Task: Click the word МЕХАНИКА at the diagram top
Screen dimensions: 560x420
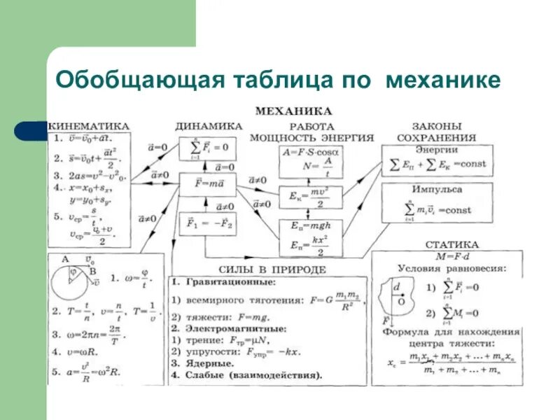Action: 293,111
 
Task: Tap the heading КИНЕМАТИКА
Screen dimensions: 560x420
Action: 90,125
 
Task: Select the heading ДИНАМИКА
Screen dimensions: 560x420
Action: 209,126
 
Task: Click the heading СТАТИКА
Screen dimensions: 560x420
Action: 452,244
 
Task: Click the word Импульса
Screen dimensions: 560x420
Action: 436,190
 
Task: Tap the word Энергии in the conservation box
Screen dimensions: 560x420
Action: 436,149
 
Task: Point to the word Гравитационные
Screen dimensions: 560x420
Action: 230,281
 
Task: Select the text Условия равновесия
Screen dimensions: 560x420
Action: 451,267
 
